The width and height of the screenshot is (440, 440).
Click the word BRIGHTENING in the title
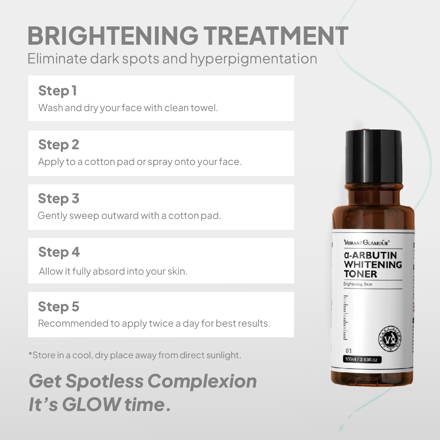coord(113,36)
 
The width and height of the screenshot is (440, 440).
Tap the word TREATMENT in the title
coord(275,36)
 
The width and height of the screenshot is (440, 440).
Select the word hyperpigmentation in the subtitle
coord(253,59)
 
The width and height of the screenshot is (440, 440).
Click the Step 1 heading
coord(58,91)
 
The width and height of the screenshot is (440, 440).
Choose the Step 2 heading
coord(59,145)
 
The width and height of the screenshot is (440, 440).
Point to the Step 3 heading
coord(59,199)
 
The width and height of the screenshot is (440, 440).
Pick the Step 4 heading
coord(59,252)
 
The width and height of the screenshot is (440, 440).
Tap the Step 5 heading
coord(59,307)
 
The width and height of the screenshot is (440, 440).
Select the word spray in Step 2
coord(160,162)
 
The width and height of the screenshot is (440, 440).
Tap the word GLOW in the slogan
coord(91,404)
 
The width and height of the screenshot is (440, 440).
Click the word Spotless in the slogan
coord(104,381)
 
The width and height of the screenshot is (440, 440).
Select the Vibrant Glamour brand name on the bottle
coord(367,242)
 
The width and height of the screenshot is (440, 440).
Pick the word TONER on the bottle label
coord(360,274)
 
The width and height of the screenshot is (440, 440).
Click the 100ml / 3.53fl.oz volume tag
coord(361,359)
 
